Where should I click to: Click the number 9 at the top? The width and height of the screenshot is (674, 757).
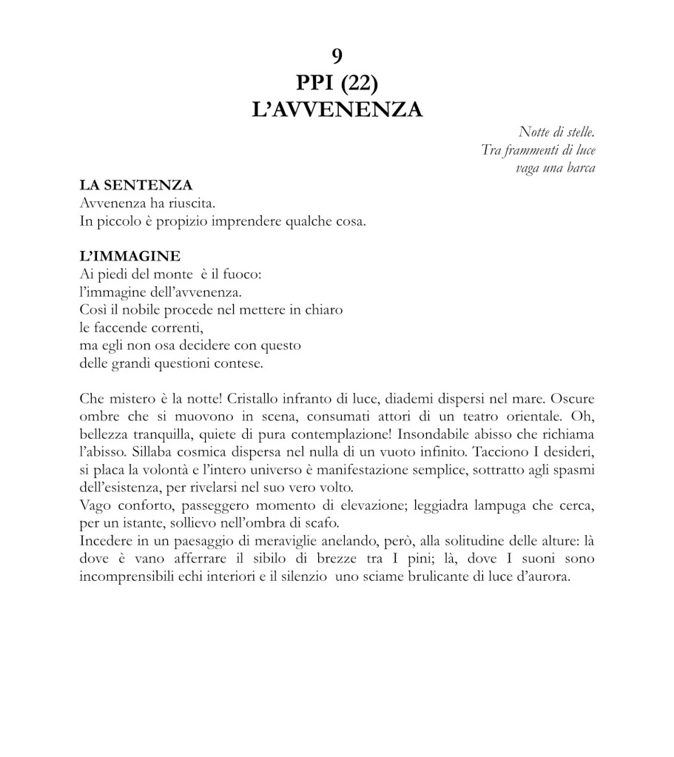coord(337,55)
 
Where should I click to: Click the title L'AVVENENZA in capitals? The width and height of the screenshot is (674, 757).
coord(337,110)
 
